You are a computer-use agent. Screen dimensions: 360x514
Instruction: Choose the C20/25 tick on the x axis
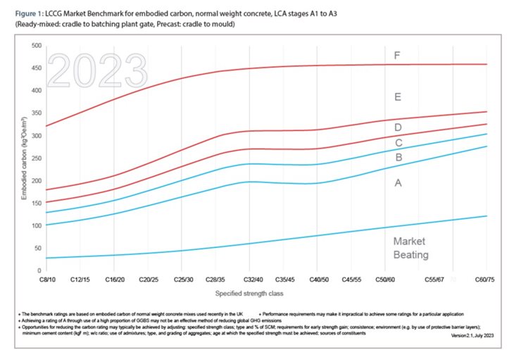tap(151, 280)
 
